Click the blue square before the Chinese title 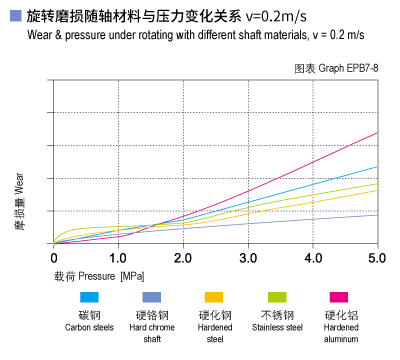[14, 17]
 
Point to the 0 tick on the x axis [54, 258]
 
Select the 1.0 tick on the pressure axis [118, 258]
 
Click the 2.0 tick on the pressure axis [183, 258]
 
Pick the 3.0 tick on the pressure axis [248, 258]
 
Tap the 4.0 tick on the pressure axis [312, 258]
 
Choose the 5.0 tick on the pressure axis [376, 258]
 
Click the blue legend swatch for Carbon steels [90, 297]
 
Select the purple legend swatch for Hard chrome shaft [152, 297]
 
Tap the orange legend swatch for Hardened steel [214, 297]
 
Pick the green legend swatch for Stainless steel [277, 297]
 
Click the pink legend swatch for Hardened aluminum [339, 297]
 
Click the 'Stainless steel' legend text [277, 327]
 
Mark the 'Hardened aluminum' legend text [339, 332]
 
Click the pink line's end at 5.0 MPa [377, 132]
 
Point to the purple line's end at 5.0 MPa [377, 214]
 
